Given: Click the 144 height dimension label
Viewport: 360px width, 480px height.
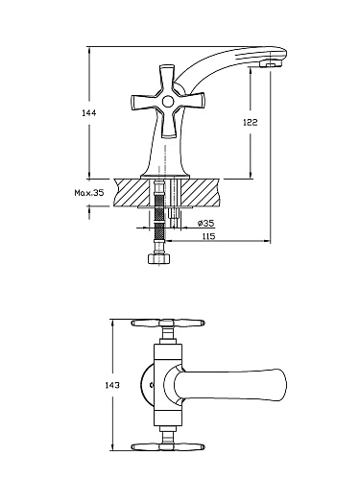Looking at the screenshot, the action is click(89, 113).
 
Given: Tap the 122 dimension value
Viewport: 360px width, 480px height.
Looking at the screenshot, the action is click(251, 122).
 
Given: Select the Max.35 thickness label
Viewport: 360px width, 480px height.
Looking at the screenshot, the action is click(89, 193).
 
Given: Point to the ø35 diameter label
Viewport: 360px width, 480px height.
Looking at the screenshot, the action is click(206, 223).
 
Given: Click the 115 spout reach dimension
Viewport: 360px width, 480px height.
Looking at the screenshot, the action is click(208, 236).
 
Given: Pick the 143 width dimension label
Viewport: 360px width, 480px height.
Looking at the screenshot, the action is click(112, 385).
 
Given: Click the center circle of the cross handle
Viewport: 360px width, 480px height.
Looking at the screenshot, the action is click(167, 102).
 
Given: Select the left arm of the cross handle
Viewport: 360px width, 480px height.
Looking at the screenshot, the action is click(146, 102).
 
